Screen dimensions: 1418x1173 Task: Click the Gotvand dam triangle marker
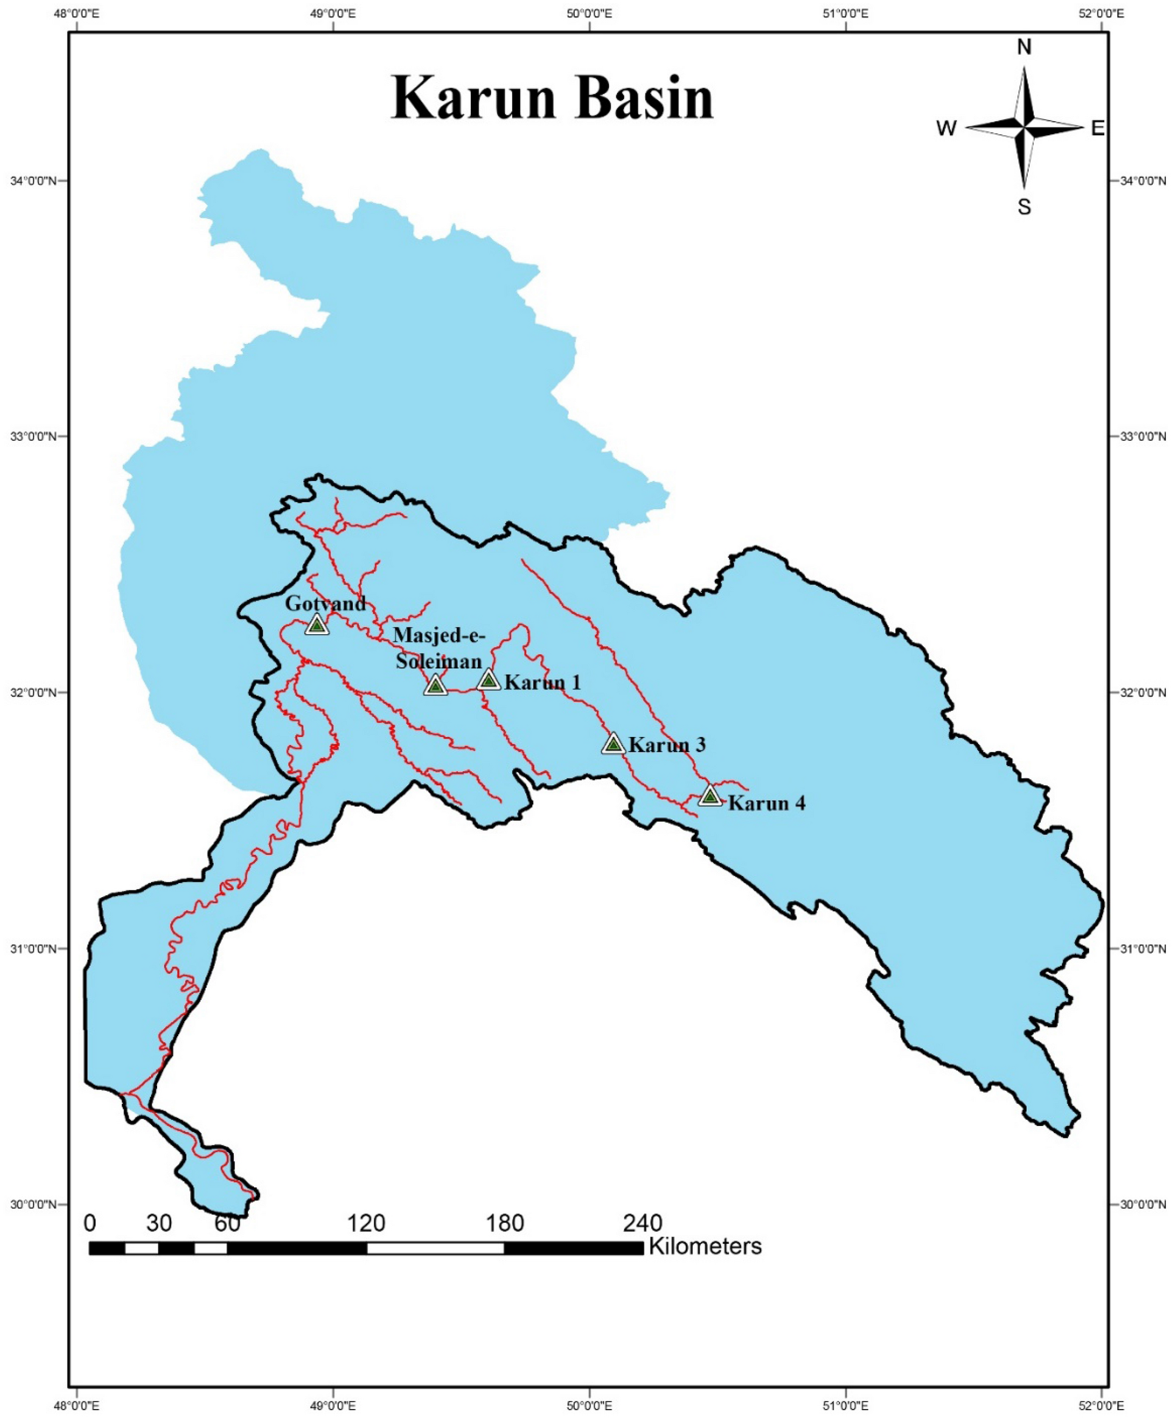click(x=317, y=625)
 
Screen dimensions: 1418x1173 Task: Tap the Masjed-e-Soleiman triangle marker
click(x=436, y=685)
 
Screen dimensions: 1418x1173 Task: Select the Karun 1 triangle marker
click(x=488, y=680)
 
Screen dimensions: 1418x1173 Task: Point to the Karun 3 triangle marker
click(x=613, y=744)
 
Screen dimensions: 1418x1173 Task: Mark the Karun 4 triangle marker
click(x=710, y=797)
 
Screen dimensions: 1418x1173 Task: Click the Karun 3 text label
click(x=667, y=745)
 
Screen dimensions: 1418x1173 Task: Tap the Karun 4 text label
click(x=766, y=803)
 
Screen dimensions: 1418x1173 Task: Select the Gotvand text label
click(x=325, y=603)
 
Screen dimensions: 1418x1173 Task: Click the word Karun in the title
click(x=473, y=99)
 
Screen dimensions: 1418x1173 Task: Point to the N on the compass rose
click(x=1024, y=47)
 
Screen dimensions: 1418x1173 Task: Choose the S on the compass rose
click(x=1024, y=208)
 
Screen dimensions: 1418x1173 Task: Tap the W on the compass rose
click(x=946, y=128)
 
